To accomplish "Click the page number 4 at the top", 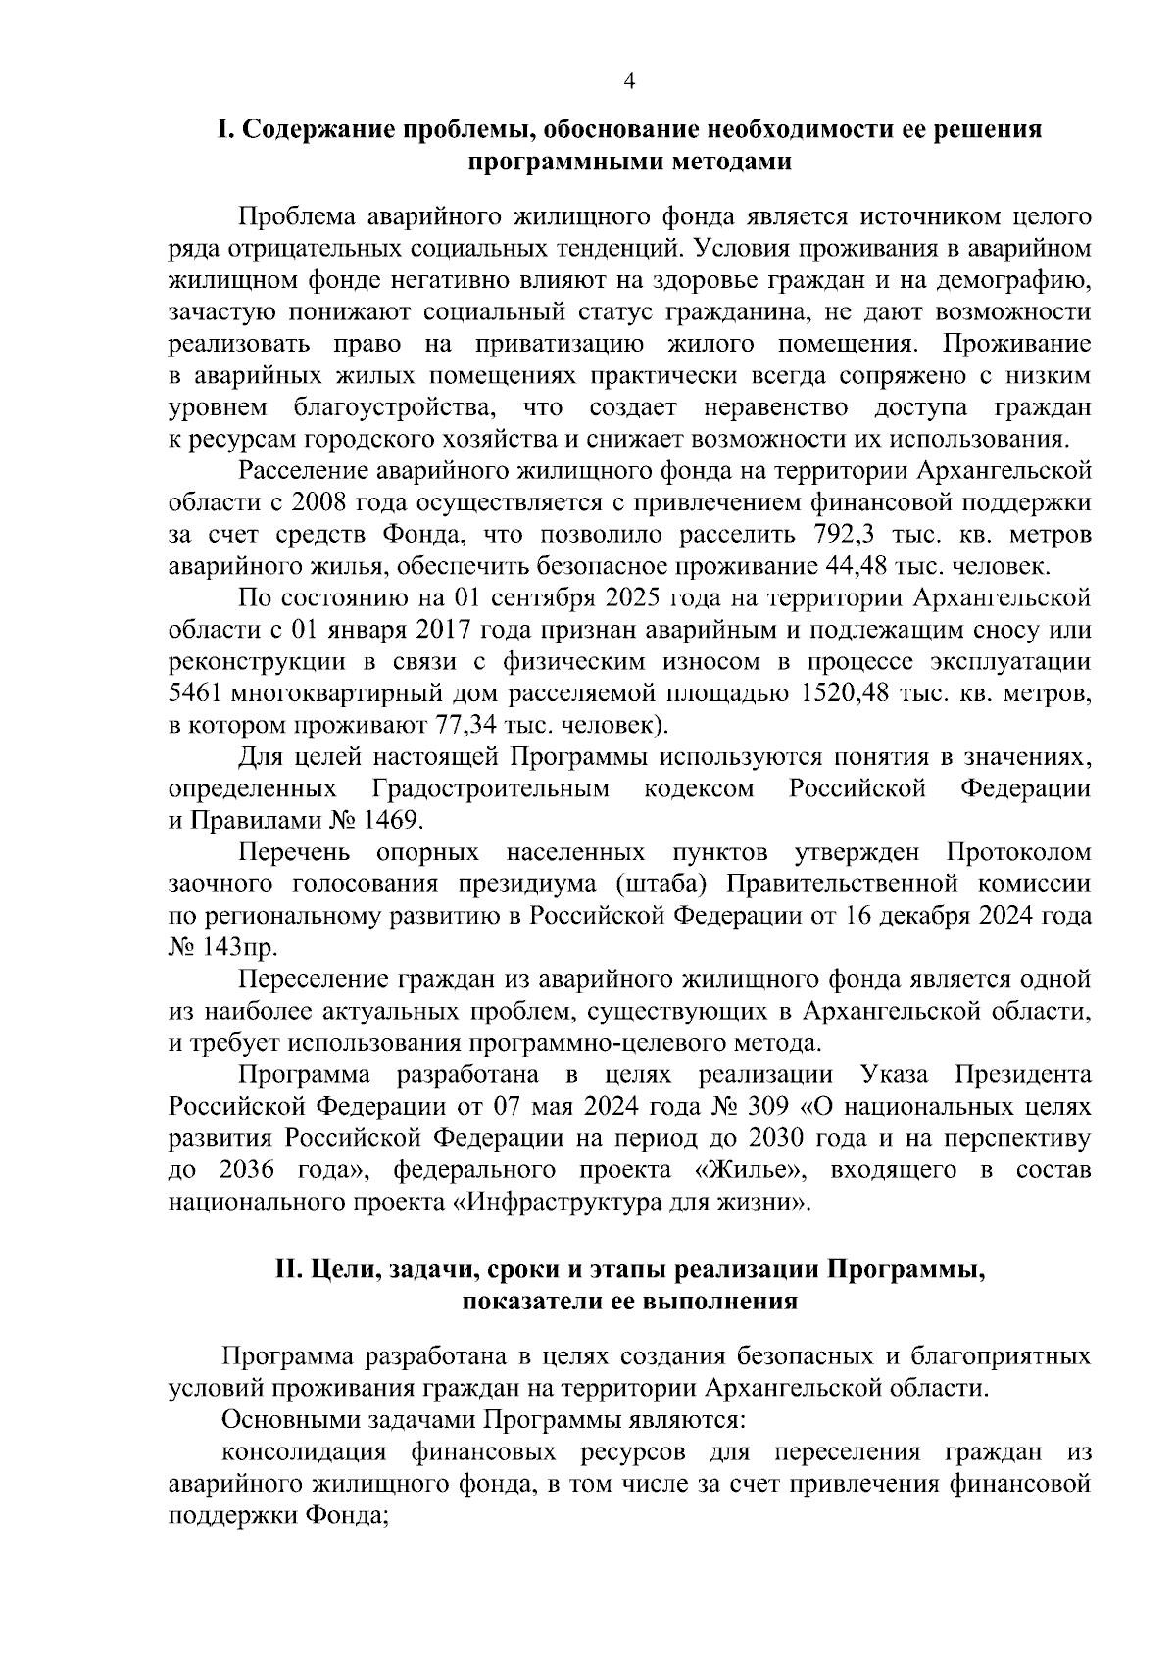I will coord(630,83).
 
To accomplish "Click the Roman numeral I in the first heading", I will coord(223,130).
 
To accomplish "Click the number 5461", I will coord(196,693).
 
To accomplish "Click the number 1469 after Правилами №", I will coord(391,820).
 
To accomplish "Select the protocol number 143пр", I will coord(239,947).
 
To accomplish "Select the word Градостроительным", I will coord(490,788).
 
